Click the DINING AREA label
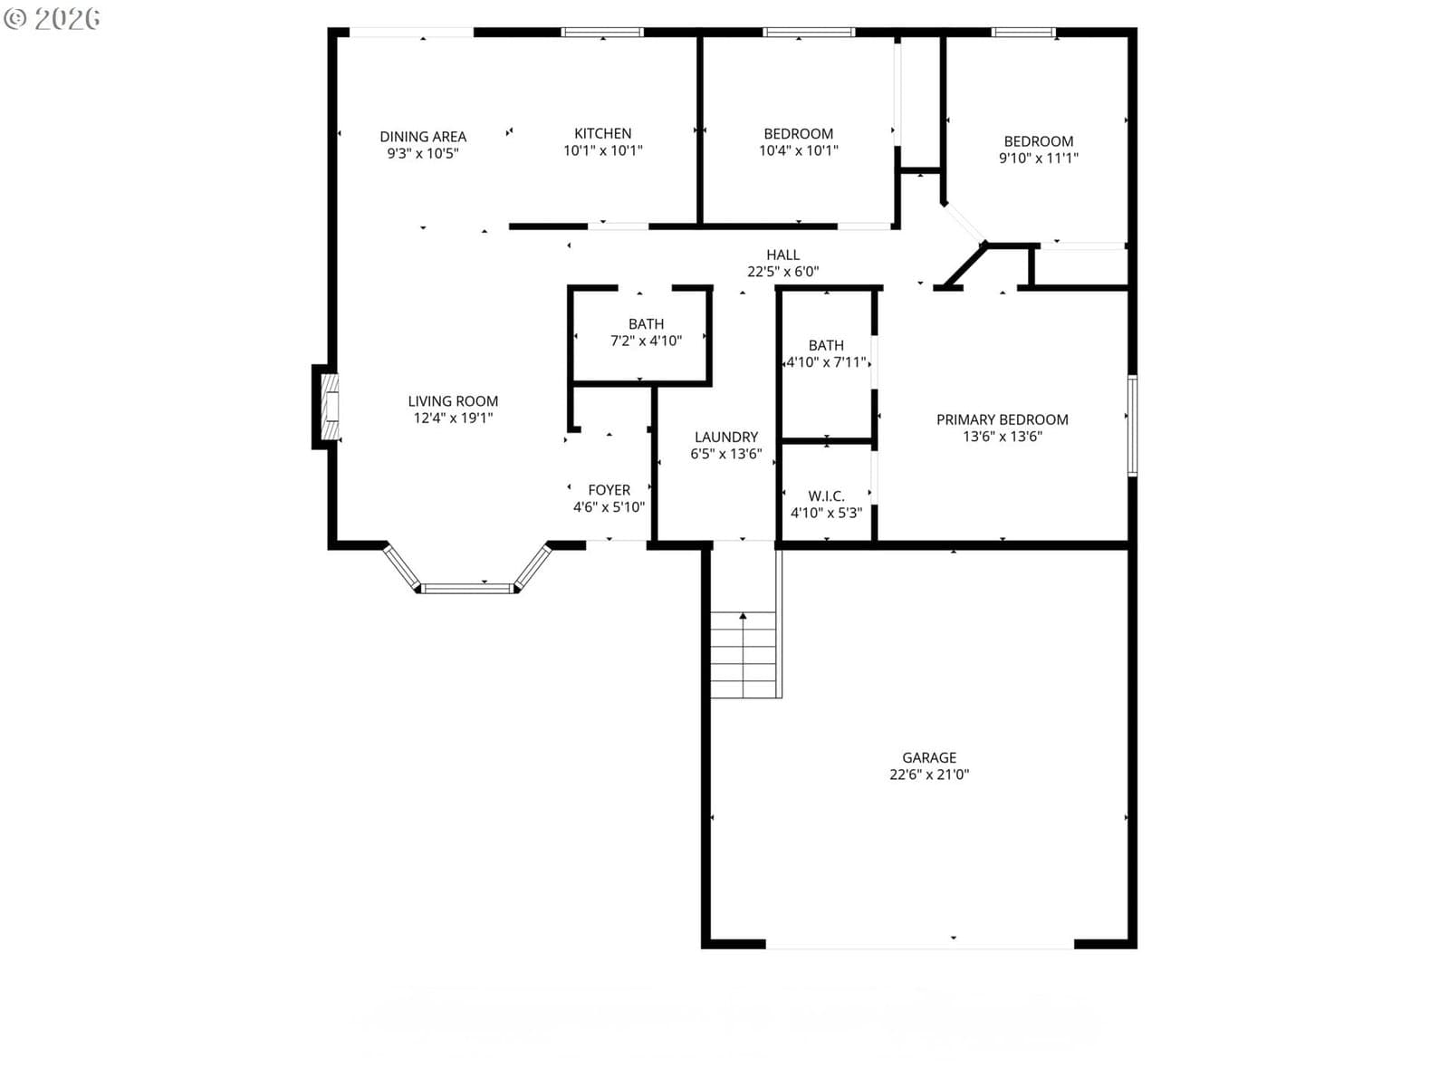pos(423,137)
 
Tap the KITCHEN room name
pos(603,133)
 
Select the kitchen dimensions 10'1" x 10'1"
pos(603,150)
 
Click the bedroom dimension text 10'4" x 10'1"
pos(798,150)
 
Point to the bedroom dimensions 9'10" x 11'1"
pos(1039,158)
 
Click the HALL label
pos(783,255)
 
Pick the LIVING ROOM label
pos(453,401)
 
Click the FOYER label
pos(609,490)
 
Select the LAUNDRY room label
pos(726,437)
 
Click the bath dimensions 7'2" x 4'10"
pos(646,341)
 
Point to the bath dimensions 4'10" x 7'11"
pos(826,362)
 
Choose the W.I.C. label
pos(826,496)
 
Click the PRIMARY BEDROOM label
pos(1003,419)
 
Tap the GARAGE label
pos(929,757)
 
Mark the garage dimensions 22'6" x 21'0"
pos(929,774)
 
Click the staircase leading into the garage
pos(744,654)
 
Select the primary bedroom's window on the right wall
pos(1132,426)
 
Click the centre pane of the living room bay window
pos(466,589)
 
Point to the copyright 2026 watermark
pos(52,18)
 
